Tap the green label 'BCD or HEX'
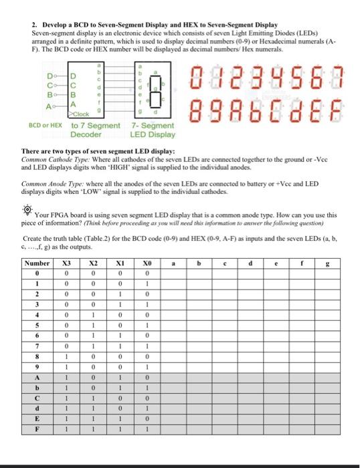tap(47, 125)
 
